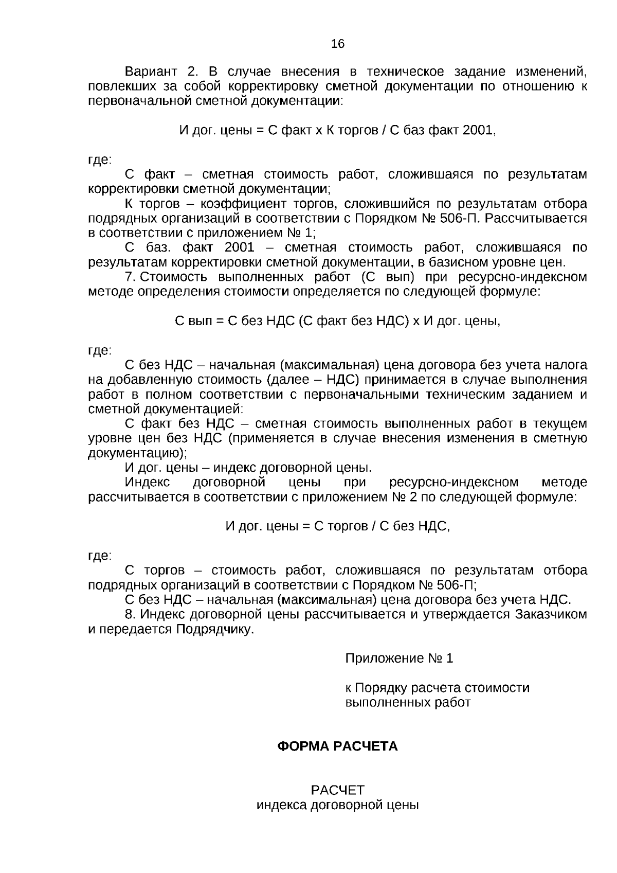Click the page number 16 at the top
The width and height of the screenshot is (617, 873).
click(x=338, y=44)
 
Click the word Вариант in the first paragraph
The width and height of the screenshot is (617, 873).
click(x=151, y=72)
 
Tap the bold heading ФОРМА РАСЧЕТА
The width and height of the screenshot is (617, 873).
click(x=337, y=746)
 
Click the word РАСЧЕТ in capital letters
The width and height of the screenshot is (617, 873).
click(x=337, y=790)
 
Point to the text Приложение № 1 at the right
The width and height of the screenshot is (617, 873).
click(x=399, y=658)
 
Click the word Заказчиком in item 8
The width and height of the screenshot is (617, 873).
click(x=551, y=615)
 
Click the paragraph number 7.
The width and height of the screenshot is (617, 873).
click(x=130, y=277)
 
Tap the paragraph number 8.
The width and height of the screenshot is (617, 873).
click(x=130, y=615)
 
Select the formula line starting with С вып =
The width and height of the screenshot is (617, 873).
click(x=337, y=322)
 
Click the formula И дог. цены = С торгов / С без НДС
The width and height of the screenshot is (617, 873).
click(x=337, y=526)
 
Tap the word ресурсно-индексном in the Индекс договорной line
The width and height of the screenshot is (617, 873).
click(x=453, y=483)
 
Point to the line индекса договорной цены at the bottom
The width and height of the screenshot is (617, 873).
click(x=337, y=805)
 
